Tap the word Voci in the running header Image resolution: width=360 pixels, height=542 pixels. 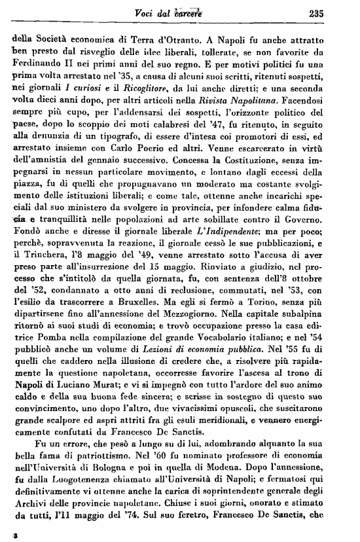(x=162, y=12)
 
